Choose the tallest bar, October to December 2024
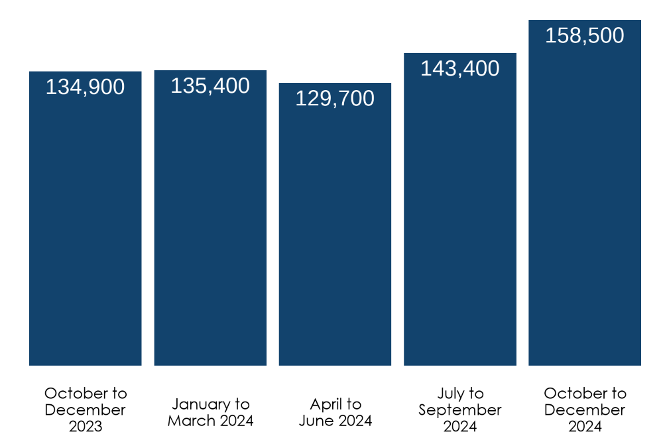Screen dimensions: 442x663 (585, 199)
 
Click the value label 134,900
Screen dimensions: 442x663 (85, 87)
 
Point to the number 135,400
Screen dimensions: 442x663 (210, 86)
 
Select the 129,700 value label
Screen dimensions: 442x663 (335, 99)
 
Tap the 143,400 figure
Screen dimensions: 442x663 (460, 69)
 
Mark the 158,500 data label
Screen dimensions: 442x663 (585, 36)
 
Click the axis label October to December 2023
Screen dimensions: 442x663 (85, 410)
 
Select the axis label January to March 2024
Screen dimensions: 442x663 (210, 412)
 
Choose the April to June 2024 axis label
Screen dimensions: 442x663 (335, 412)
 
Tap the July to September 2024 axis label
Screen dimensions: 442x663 (460, 410)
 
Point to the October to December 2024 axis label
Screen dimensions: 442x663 (585, 410)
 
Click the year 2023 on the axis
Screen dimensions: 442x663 (86, 426)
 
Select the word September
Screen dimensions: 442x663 (460, 410)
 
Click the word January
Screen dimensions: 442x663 (196, 404)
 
